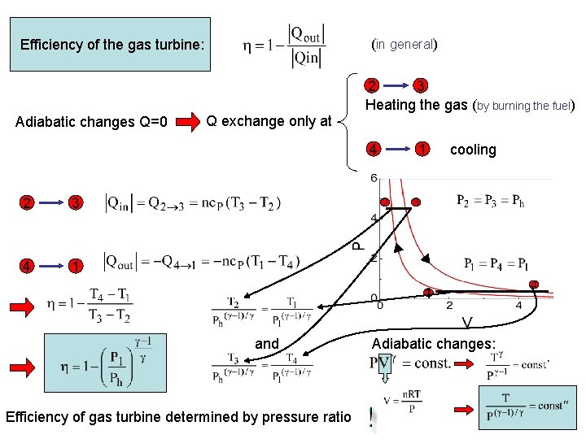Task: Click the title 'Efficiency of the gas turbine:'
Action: click(x=114, y=45)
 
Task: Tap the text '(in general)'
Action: click(x=405, y=44)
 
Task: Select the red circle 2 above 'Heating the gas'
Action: click(x=371, y=85)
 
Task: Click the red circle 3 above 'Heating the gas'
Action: click(x=420, y=85)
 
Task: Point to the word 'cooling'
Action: click(x=472, y=150)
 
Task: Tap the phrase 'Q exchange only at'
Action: click(x=269, y=121)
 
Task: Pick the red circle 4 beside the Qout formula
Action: click(x=27, y=266)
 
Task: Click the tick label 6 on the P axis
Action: click(x=374, y=178)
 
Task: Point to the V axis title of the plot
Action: click(x=466, y=323)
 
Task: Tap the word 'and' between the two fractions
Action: click(x=267, y=344)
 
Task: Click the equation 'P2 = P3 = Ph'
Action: click(x=490, y=201)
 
